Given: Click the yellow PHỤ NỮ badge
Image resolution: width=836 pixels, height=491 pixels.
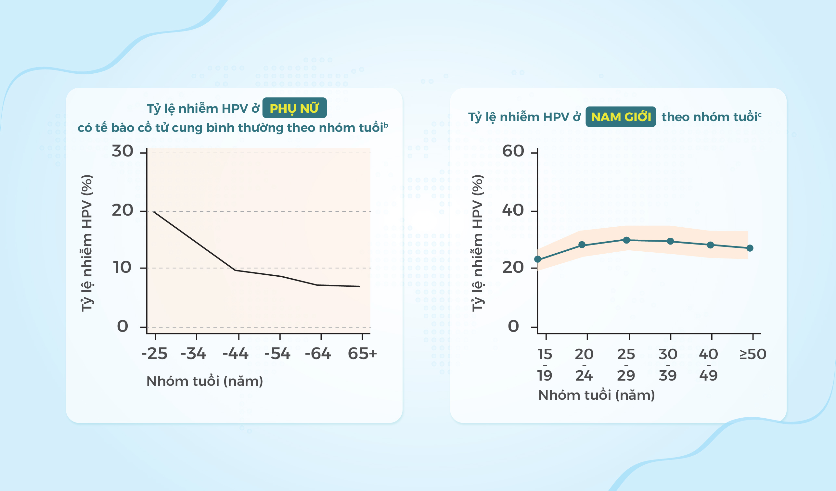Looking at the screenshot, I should (294, 108).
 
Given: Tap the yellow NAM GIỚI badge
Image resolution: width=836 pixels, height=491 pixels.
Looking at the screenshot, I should (620, 117).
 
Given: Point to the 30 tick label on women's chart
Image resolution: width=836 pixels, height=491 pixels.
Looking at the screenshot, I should (122, 152).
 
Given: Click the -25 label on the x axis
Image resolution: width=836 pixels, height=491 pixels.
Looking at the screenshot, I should (154, 354).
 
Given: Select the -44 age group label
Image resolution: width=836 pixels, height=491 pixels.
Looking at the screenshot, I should (236, 354).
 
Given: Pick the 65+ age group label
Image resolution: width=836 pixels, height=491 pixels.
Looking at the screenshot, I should (362, 354).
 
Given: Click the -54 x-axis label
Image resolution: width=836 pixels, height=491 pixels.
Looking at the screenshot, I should (277, 354).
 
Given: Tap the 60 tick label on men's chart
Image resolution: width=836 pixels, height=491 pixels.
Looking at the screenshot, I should (513, 152).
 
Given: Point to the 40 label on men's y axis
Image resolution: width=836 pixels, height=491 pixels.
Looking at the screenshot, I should (513, 210).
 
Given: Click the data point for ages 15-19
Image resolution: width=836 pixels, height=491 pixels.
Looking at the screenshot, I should (538, 259).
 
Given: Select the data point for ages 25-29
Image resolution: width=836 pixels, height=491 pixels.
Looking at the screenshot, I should (626, 240).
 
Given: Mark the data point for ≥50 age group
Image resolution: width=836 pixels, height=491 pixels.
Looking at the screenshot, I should (750, 248).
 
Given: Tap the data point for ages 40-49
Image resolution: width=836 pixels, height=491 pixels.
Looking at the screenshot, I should (710, 245).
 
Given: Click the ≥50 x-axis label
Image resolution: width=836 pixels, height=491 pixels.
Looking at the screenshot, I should (753, 354).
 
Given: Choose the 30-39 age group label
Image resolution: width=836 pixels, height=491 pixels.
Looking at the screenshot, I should (668, 365).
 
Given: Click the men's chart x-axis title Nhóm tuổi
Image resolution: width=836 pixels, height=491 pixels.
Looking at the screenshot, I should (596, 395).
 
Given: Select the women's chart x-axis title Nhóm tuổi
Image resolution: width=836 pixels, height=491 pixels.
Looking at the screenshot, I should (205, 381).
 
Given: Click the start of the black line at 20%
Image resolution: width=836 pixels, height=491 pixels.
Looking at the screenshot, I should (154, 211).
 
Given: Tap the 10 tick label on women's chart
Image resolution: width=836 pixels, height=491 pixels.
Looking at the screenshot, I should (122, 268).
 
